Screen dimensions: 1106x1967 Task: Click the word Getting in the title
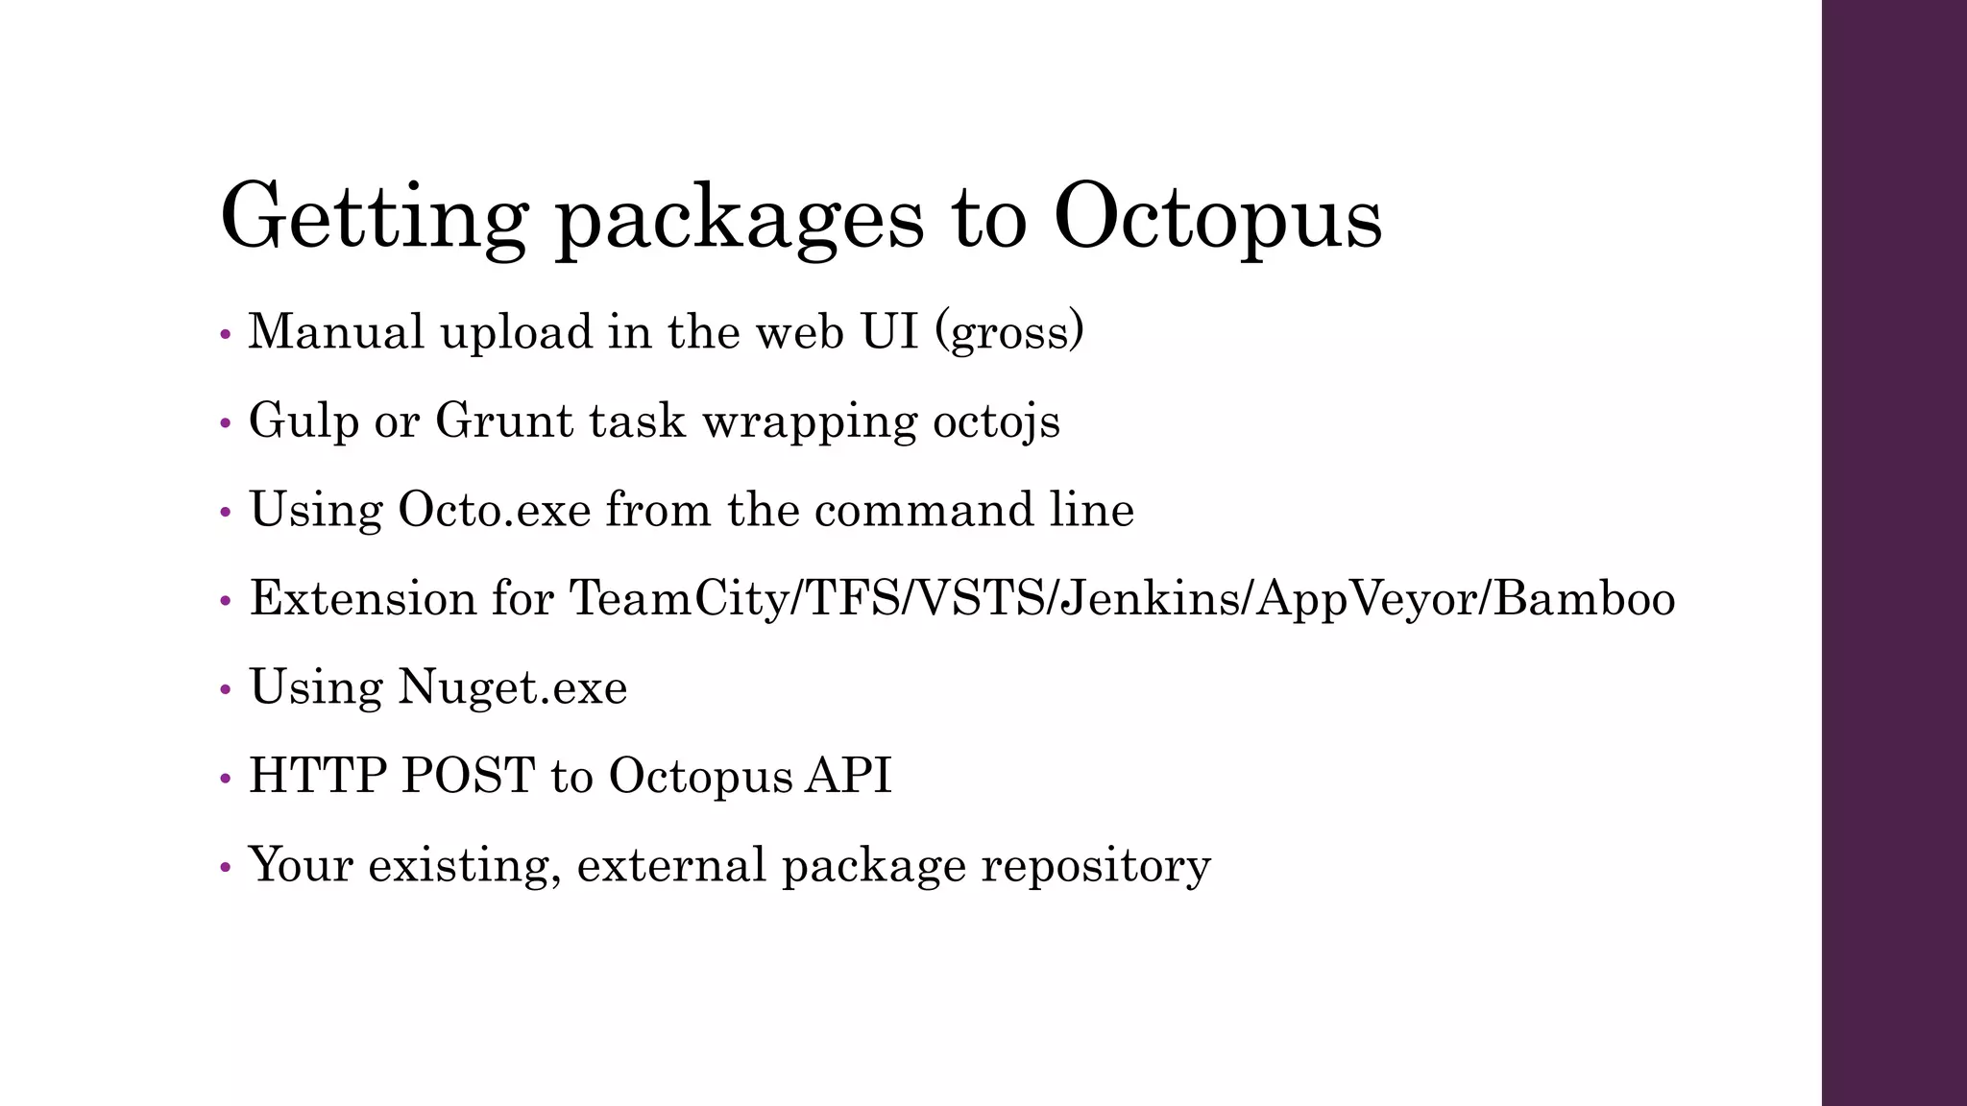click(x=374, y=217)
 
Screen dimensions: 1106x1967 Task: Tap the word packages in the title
click(x=740, y=219)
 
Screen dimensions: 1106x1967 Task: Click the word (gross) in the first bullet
click(x=1016, y=332)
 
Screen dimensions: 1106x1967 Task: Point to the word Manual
click(x=336, y=332)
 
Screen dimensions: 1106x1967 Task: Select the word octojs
click(x=997, y=421)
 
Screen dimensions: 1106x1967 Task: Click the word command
click(x=922, y=510)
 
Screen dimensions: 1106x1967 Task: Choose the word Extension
click(x=363, y=598)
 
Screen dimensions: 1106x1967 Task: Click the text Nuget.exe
click(x=512, y=687)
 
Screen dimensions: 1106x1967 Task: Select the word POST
click(x=468, y=776)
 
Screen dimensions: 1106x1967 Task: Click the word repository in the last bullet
click(x=1096, y=866)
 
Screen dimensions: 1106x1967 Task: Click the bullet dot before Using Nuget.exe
click(x=226, y=690)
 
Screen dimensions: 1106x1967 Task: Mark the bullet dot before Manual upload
click(x=226, y=335)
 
